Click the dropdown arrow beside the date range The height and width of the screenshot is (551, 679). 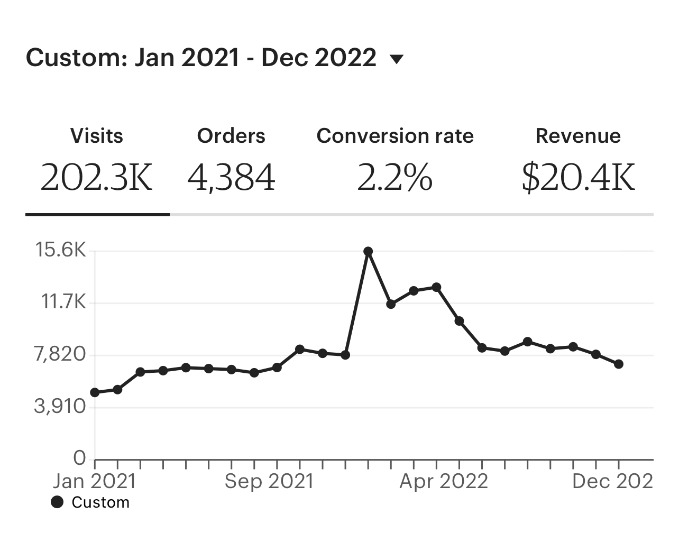(x=396, y=59)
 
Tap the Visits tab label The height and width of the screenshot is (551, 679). (x=97, y=136)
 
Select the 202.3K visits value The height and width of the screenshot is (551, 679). (x=97, y=177)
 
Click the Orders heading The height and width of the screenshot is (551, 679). (x=231, y=136)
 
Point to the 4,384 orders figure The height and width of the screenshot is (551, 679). (x=231, y=177)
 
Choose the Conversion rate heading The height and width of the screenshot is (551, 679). (x=395, y=136)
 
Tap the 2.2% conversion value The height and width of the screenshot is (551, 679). (x=395, y=177)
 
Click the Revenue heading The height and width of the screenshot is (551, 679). (x=578, y=136)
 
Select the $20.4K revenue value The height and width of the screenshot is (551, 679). (x=578, y=177)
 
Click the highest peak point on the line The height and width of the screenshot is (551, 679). (x=368, y=251)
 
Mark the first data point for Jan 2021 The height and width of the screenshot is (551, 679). (x=95, y=392)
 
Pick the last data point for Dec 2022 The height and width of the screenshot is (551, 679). (x=619, y=364)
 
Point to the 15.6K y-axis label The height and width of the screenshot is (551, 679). (x=60, y=250)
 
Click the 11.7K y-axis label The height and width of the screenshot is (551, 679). (x=63, y=302)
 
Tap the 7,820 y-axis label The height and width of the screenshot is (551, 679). (x=60, y=354)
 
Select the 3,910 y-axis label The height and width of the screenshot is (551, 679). (x=60, y=406)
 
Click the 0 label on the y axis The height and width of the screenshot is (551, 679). (x=79, y=458)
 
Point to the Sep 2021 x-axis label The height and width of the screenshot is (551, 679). (x=269, y=481)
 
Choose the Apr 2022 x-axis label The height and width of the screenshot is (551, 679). (x=444, y=481)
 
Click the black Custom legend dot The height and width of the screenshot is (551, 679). (x=57, y=502)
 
